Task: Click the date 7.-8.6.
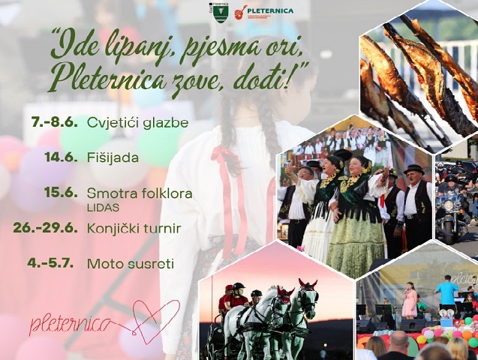click(54, 122)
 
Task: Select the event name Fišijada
click(113, 157)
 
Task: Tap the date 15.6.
click(61, 193)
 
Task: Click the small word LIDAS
click(103, 208)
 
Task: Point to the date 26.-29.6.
click(45, 229)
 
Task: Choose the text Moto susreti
click(131, 264)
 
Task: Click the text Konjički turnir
click(134, 229)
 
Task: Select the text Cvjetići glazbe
click(138, 123)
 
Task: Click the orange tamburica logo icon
click(239, 13)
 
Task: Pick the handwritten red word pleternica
click(70, 325)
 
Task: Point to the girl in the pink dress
click(409, 300)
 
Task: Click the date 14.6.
click(61, 157)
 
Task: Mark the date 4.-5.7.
click(50, 263)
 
